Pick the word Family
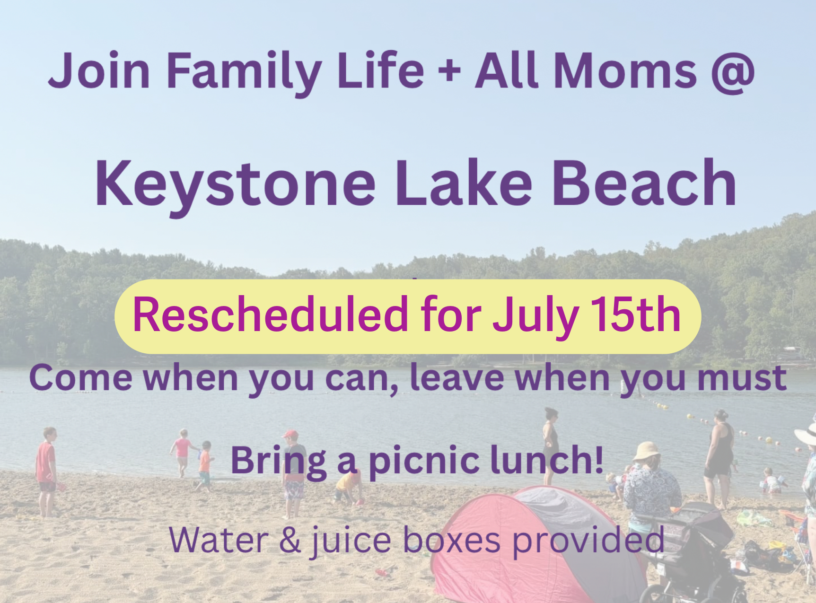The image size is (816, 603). (x=244, y=71)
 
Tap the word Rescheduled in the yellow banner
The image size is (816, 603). (x=270, y=314)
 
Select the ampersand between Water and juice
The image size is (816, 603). (x=290, y=540)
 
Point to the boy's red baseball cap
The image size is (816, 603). (x=290, y=434)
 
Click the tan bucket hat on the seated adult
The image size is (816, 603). (x=646, y=451)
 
